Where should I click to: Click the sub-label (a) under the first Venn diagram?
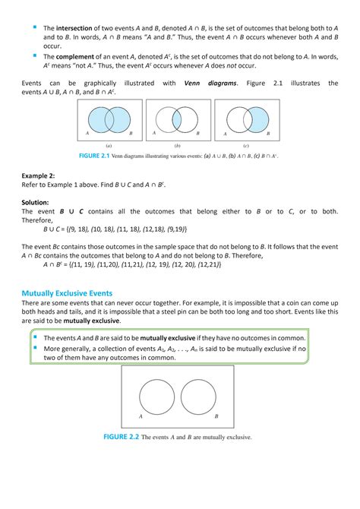[x=109, y=145]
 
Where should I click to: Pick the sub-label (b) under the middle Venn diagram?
[x=177, y=145]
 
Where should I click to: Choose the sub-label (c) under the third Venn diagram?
[x=246, y=145]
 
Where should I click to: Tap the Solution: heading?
[x=35, y=202]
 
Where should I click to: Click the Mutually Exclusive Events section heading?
[x=67, y=292]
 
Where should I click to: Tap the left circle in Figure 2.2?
[x=156, y=397]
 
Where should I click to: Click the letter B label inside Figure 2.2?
[x=216, y=416]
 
